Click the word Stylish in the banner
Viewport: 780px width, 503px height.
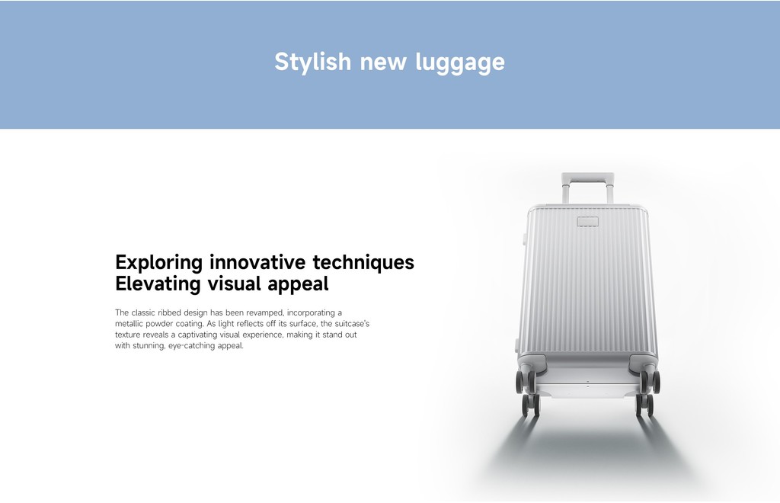pyautogui.click(x=313, y=62)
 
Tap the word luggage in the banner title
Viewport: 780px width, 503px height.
pyautogui.click(x=460, y=63)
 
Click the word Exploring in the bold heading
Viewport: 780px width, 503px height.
pyautogui.click(x=158, y=263)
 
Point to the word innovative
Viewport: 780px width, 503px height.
pyautogui.click(x=257, y=261)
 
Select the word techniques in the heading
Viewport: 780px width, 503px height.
pyautogui.click(x=363, y=262)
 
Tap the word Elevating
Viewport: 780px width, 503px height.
pyautogui.click(x=158, y=284)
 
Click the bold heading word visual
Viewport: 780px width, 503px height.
pyautogui.click(x=234, y=284)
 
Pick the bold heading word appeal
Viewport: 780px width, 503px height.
pyautogui.click(x=298, y=284)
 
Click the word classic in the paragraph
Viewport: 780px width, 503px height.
pyautogui.click(x=143, y=312)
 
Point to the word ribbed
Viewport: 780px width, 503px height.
pyautogui.click(x=169, y=312)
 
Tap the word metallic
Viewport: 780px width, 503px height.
pyautogui.click(x=129, y=323)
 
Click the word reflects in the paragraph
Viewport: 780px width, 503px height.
pyautogui.click(x=250, y=323)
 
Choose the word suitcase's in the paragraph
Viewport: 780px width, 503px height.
pyautogui.click(x=352, y=323)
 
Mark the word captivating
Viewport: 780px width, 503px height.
pyautogui.click(x=197, y=335)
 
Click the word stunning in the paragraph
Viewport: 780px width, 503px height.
pyautogui.click(x=148, y=346)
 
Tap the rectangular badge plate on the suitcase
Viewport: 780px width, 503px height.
pyautogui.click(x=587, y=222)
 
